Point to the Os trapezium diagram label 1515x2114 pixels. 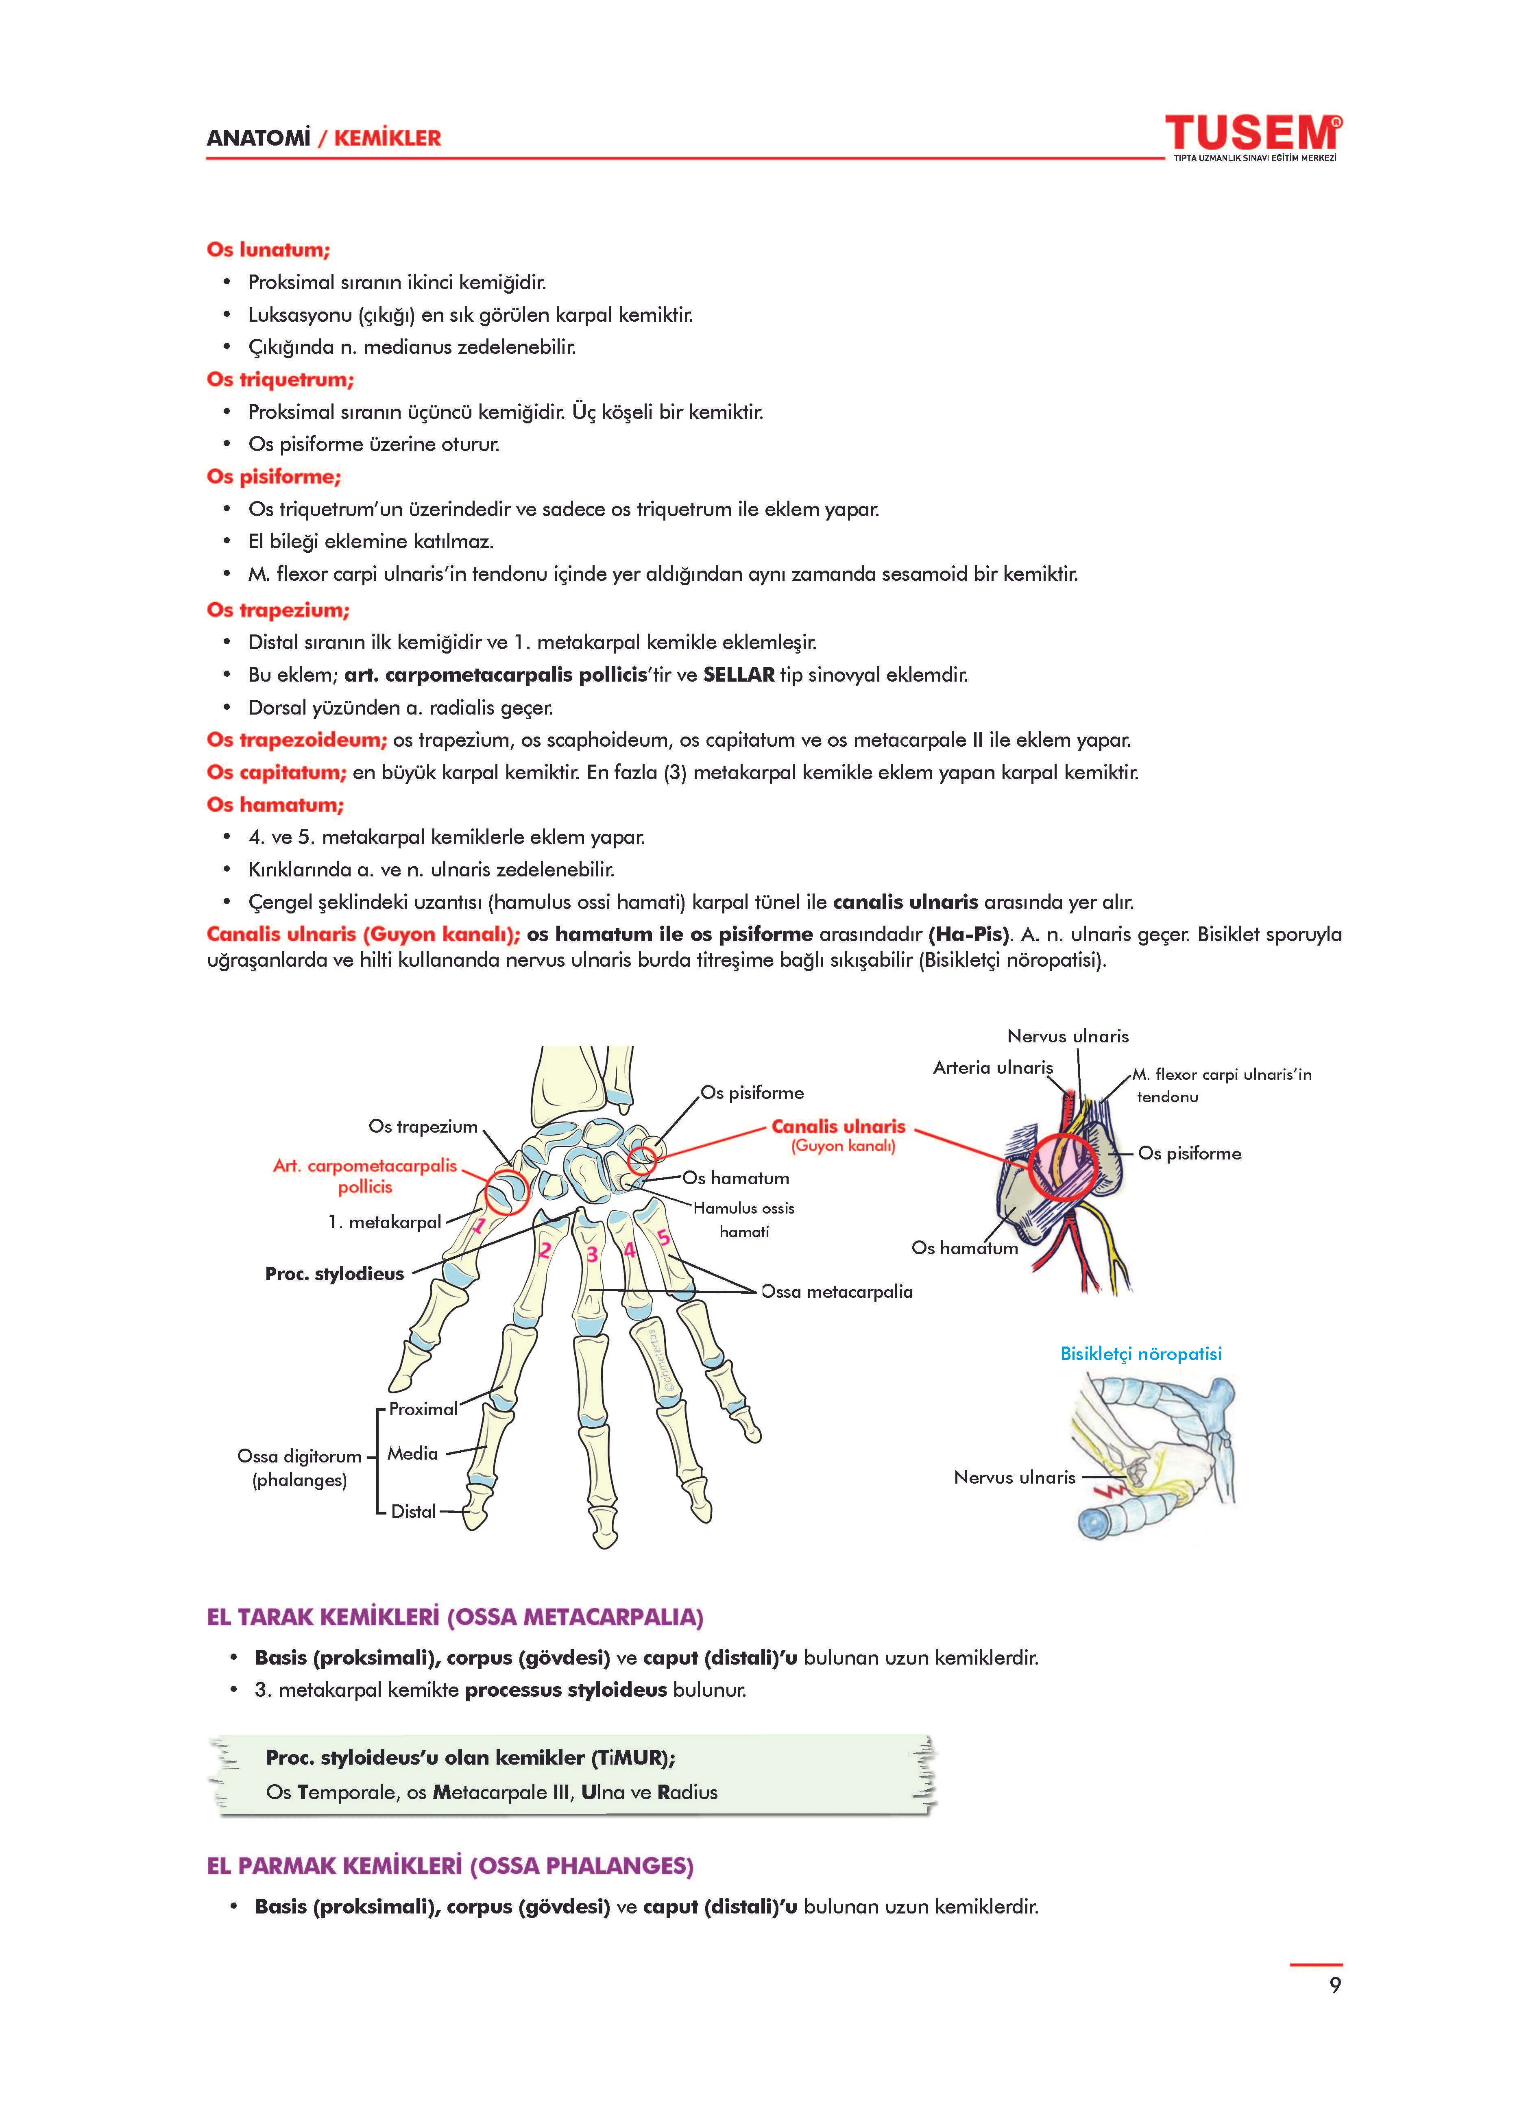[x=422, y=1126]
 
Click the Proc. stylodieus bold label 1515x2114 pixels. [x=334, y=1273]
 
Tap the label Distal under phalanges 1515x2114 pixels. [x=413, y=1511]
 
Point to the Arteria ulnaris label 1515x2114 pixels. [x=992, y=1067]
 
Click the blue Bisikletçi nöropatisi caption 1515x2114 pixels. [x=1140, y=1353]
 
